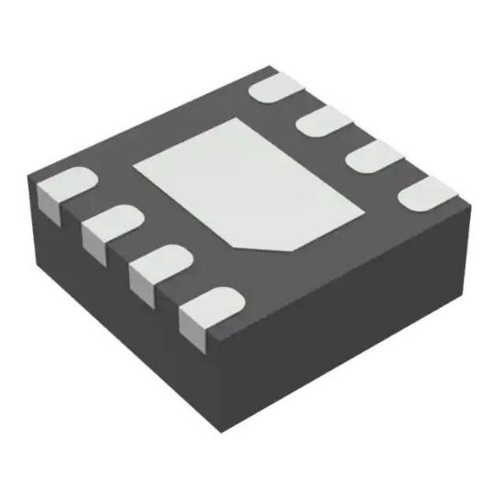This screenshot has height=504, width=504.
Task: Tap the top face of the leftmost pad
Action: [67, 186]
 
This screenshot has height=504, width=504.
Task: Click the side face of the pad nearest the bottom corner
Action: [195, 324]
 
